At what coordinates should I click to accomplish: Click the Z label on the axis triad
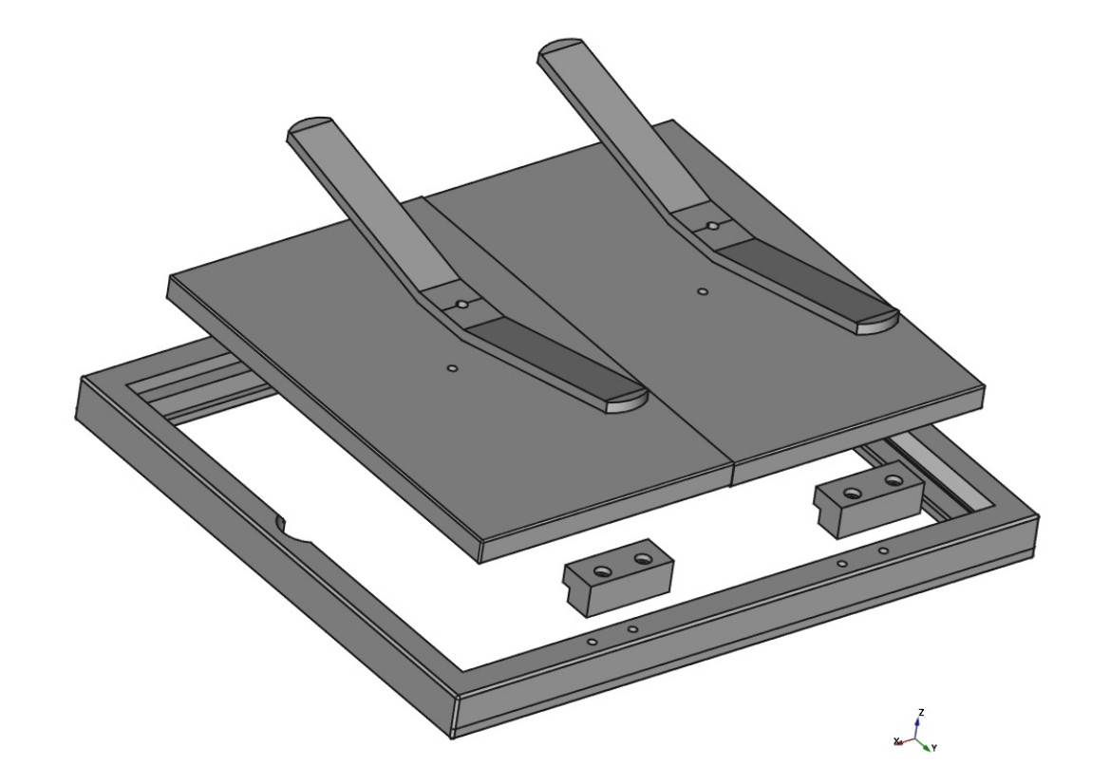921,712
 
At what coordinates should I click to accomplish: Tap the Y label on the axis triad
934,748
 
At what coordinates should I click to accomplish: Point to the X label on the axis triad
896,741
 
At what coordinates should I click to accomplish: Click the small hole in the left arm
462,305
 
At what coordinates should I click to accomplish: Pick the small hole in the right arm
713,227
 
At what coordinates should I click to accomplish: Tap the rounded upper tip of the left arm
310,124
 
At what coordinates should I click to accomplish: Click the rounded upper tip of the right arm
560,47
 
